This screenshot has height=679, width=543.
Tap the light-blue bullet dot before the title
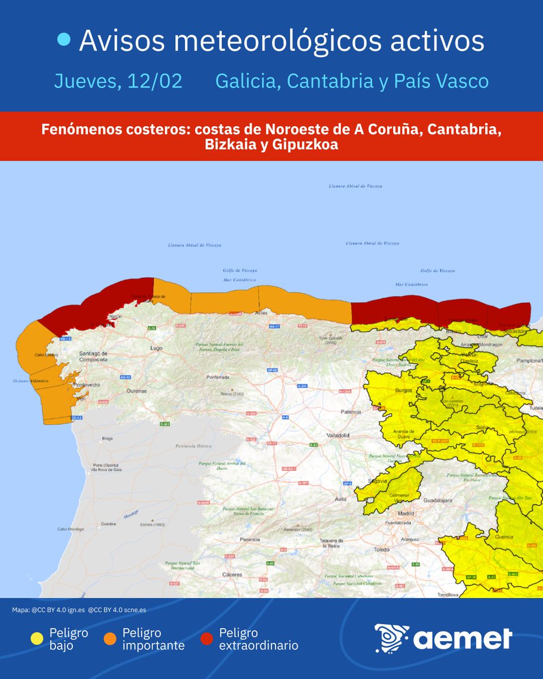[65, 39]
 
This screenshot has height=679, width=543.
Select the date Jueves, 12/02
[118, 81]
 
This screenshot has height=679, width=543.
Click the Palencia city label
[351, 412]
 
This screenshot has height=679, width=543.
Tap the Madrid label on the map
[406, 513]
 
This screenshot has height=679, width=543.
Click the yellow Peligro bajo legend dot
[37, 639]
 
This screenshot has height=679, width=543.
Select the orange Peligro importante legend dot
[110, 639]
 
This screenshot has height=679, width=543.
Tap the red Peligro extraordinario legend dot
[207, 639]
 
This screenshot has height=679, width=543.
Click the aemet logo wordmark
[462, 639]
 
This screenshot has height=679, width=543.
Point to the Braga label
[107, 438]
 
